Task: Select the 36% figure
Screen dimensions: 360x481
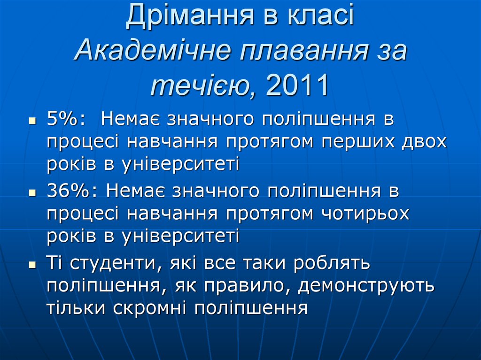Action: (x=71, y=191)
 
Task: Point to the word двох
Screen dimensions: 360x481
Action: (x=423, y=142)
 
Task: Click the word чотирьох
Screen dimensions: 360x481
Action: (x=365, y=214)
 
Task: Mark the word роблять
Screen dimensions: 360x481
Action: (x=332, y=263)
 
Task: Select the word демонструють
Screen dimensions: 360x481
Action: (x=366, y=286)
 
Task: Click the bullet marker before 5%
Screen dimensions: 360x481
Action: (x=32, y=121)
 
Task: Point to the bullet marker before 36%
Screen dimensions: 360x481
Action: (x=32, y=192)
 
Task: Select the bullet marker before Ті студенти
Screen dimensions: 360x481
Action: (x=32, y=265)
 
